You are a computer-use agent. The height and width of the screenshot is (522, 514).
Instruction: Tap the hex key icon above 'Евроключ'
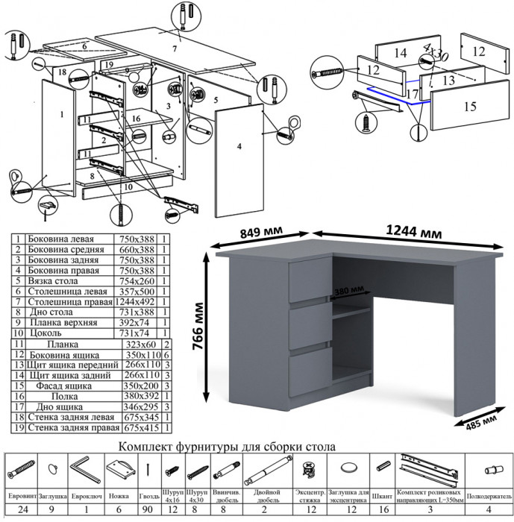click(x=84, y=471)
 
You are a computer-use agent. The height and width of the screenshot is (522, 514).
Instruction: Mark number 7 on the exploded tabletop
click(x=175, y=48)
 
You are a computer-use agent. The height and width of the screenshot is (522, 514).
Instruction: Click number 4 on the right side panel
click(x=239, y=147)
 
